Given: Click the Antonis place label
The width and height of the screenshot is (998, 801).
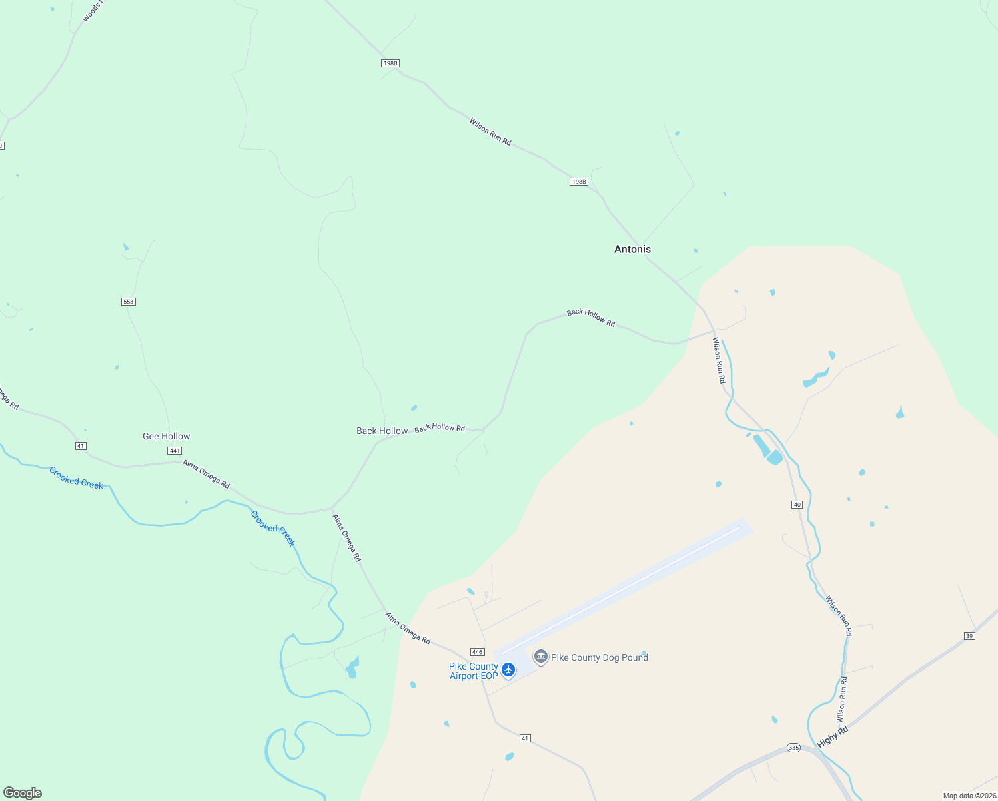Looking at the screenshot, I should click(632, 249).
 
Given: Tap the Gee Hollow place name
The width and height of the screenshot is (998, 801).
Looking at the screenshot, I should click(166, 436).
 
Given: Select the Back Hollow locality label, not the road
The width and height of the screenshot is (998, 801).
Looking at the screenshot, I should click(382, 431).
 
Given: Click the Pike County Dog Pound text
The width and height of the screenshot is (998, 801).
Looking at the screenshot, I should click(600, 657).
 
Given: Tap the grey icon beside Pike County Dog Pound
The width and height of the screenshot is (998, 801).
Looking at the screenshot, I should click(541, 657).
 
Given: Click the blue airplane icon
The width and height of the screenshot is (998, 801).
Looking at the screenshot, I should click(508, 669).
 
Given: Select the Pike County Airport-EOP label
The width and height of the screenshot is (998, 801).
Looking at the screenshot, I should click(474, 671).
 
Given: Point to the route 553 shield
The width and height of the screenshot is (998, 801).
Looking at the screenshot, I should click(129, 302).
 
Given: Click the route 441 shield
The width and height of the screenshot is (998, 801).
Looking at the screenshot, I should click(175, 451).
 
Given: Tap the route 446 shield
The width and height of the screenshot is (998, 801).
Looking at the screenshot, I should click(477, 652).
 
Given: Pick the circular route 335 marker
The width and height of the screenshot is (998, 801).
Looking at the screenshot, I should click(793, 747).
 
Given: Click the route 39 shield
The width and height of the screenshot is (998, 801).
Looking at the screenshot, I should click(969, 636).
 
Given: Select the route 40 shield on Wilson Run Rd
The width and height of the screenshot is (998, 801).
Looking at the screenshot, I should click(797, 505).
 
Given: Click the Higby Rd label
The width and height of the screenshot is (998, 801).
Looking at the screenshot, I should click(832, 736).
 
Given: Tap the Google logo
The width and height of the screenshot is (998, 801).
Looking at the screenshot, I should click(23, 793).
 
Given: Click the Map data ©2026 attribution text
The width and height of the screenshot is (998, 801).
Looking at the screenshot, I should click(969, 796).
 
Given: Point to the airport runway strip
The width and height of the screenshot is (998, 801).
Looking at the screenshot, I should click(624, 587).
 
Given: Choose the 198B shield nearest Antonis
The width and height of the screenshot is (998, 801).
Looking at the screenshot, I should click(578, 182).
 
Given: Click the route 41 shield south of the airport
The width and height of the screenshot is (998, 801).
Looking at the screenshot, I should click(525, 738).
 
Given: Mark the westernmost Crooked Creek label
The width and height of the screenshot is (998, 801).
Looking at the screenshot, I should click(77, 478).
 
